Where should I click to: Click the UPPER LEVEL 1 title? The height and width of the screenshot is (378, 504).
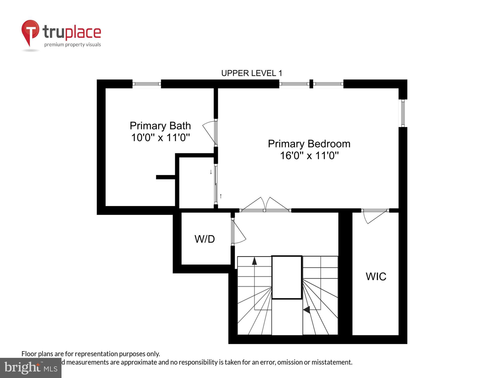[x=251, y=73]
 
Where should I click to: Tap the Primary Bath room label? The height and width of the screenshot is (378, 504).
[x=160, y=125]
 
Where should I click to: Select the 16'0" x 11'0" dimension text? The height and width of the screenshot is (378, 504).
[x=309, y=155]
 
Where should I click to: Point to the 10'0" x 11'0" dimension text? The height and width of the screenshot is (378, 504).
[x=160, y=138]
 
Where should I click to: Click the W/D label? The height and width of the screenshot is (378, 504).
[x=205, y=239]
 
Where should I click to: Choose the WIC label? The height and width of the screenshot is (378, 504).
[x=376, y=276]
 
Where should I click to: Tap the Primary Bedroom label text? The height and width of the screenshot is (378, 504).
[x=309, y=144]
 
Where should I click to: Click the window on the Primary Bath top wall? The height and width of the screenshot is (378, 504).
[x=147, y=84]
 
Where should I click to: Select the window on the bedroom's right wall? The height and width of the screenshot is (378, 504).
[x=403, y=113]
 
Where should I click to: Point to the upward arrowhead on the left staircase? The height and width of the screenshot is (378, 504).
[x=254, y=261]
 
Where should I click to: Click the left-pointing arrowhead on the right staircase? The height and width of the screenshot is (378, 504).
[x=306, y=309]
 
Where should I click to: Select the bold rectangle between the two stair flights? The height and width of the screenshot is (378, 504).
[x=287, y=277]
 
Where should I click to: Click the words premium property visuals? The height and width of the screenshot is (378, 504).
[x=72, y=45]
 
